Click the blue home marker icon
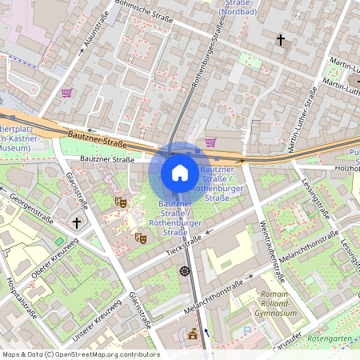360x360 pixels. point(180,173)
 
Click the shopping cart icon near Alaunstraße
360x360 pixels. point(66,93)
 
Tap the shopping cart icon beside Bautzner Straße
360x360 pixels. point(210,142)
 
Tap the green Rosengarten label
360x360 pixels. point(330,338)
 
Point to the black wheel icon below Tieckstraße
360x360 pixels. point(186,270)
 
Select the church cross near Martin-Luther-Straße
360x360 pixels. point(281,38)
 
